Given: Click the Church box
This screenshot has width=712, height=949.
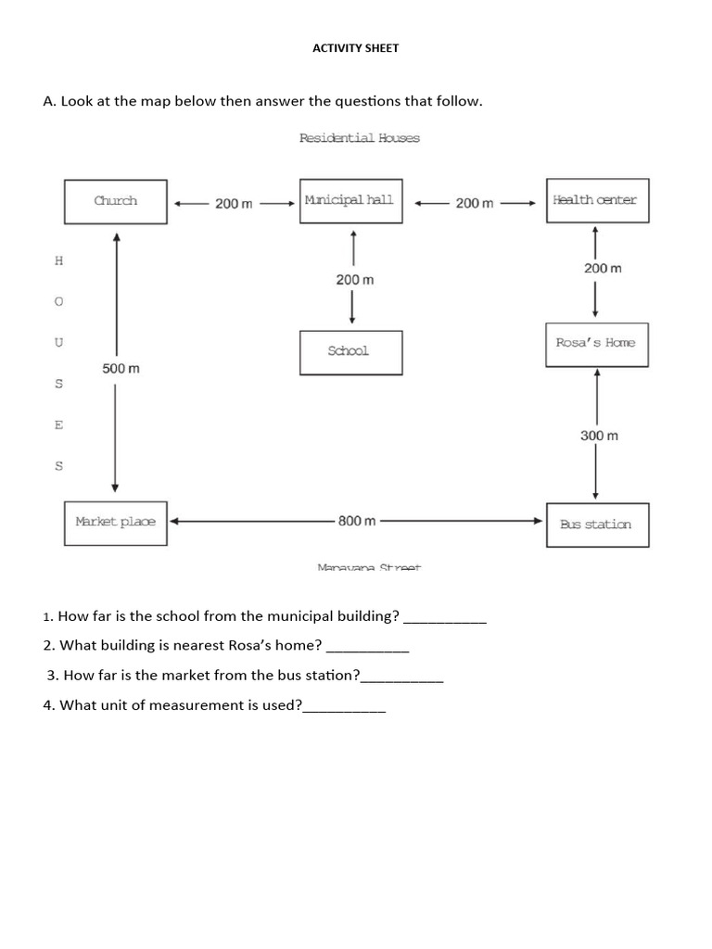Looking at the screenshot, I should tap(116, 201).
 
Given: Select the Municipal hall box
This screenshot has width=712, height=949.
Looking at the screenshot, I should tap(350, 201).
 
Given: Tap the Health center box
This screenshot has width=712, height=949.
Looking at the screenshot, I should tap(596, 200).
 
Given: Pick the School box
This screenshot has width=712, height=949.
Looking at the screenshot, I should tap(350, 352).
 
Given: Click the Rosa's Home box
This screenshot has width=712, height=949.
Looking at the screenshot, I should tap(596, 344).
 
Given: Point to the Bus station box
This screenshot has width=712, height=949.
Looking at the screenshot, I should tap(596, 525).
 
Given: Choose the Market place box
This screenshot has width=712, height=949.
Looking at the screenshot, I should tap(116, 522).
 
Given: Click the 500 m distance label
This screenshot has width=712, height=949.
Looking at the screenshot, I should tap(121, 369).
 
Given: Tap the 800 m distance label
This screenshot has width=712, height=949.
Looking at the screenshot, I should tap(357, 521).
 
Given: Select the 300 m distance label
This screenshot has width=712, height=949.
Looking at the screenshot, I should tap(599, 436).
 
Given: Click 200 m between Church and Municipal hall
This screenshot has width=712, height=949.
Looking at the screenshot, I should tap(234, 203).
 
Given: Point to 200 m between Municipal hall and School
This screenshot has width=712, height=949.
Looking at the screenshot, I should tap(355, 279).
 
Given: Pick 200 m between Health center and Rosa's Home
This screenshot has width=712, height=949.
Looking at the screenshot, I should tap(603, 268).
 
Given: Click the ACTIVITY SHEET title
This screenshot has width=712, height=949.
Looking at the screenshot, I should tap(356, 48).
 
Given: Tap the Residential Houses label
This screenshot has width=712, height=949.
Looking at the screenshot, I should tap(359, 138).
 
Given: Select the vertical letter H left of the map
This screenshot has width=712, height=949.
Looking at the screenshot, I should tap(59, 260).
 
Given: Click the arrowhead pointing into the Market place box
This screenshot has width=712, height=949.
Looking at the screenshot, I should tap(173, 521).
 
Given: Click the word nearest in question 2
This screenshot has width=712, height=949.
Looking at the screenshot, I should tap(191, 645).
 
